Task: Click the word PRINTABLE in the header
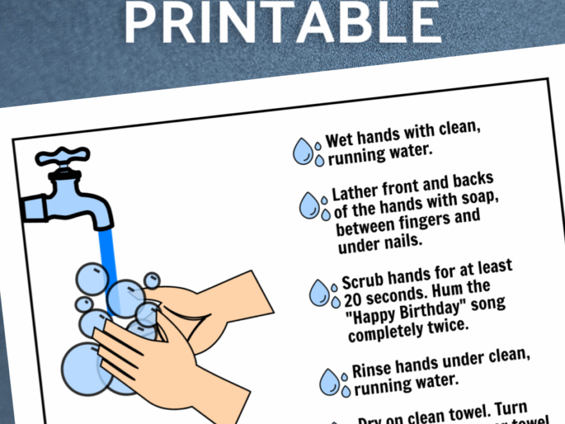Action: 282,22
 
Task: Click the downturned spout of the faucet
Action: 100,215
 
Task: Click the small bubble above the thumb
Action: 152,281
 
